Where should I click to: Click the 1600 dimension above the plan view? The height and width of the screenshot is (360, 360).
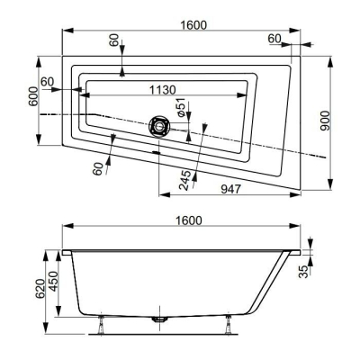click(x=187, y=24)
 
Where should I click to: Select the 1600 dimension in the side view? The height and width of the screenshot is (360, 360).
click(x=187, y=220)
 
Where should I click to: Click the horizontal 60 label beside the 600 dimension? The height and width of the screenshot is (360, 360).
click(x=47, y=81)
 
